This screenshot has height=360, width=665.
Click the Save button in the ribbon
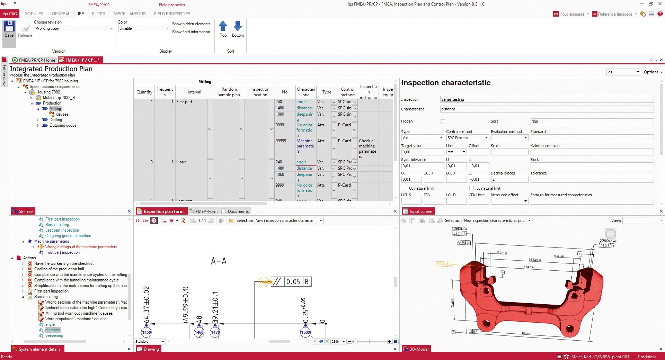click(9, 29)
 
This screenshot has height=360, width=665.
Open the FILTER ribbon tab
click(98, 14)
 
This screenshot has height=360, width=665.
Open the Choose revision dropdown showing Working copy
click(74, 28)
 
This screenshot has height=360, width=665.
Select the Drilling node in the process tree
click(55, 120)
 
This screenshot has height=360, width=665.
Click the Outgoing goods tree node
click(63, 125)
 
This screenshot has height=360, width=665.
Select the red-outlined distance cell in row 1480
click(305, 168)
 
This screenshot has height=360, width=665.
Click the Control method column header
click(347, 92)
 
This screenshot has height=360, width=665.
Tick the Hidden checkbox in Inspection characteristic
click(443, 121)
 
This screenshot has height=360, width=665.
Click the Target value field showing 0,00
click(422, 152)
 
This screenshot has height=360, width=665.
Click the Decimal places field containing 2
click(509, 179)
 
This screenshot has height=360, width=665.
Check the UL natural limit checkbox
click(404, 188)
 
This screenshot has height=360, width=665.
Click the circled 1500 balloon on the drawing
click(305, 332)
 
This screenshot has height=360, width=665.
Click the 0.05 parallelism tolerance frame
click(293, 282)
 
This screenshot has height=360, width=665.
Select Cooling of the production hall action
click(59, 269)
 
